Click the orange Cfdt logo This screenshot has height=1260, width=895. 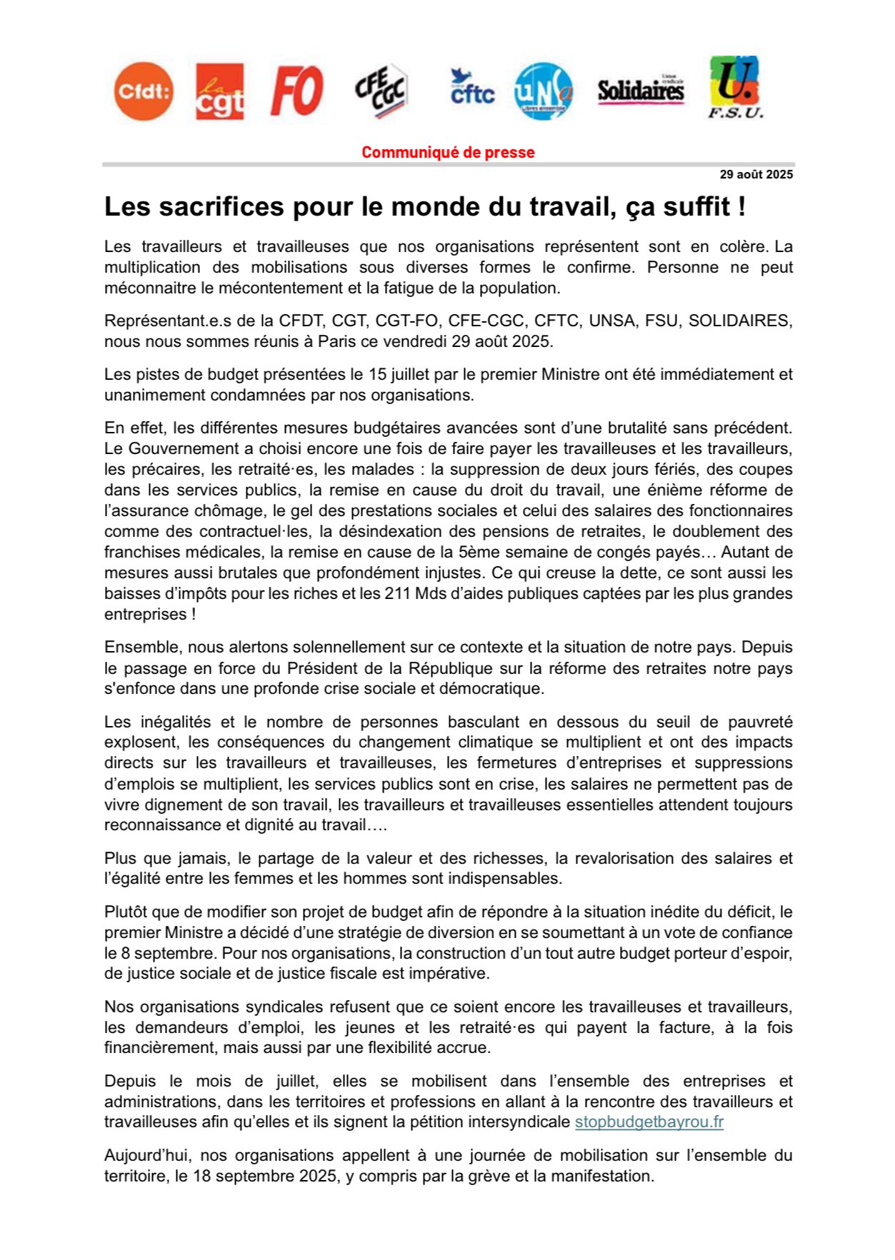coord(144,91)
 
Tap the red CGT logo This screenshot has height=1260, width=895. coord(220,91)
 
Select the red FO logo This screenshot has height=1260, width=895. coord(297,91)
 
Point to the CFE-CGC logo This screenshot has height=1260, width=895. coord(381,91)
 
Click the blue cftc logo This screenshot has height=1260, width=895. coord(472,89)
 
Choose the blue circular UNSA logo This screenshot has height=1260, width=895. coord(544,91)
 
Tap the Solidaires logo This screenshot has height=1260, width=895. coord(641,91)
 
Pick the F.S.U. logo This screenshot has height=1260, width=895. coord(735,88)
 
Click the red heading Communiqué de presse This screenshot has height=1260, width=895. coord(448,152)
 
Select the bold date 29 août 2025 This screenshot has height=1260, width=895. coord(756,174)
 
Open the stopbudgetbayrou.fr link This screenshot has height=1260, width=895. coord(649,1122)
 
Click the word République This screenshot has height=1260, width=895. coord(451,668)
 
